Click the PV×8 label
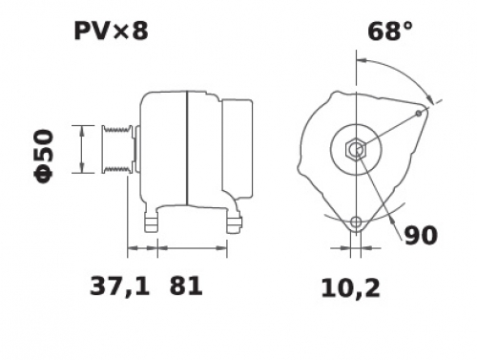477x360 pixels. coord(111,32)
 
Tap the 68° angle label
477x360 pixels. coord(390,32)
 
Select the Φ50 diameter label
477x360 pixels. coord(44,156)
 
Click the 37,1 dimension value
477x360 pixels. coord(119,286)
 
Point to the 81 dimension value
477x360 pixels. coord(186,286)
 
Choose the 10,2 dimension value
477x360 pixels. coord(350,288)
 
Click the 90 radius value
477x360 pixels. coord(421,236)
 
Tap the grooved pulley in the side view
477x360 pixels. coord(117,149)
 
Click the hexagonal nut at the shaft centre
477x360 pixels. coord(356,149)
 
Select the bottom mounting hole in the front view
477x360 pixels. coord(356,222)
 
